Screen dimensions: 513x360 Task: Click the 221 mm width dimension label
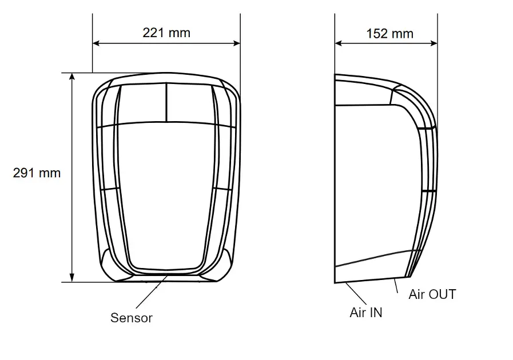coord(166,33)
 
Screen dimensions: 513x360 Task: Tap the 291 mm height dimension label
coord(37,173)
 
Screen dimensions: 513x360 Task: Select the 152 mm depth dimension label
coord(389,34)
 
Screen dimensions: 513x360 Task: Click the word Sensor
coord(132,318)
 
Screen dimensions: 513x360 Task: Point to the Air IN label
coord(366,313)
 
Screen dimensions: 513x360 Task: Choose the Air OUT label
coord(432,294)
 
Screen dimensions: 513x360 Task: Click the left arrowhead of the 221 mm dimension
coord(97,43)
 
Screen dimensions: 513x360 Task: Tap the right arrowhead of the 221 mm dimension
coord(236,43)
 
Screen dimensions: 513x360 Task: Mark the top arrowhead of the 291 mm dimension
coord(72,77)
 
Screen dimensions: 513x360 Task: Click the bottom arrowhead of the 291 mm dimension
coord(72,278)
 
